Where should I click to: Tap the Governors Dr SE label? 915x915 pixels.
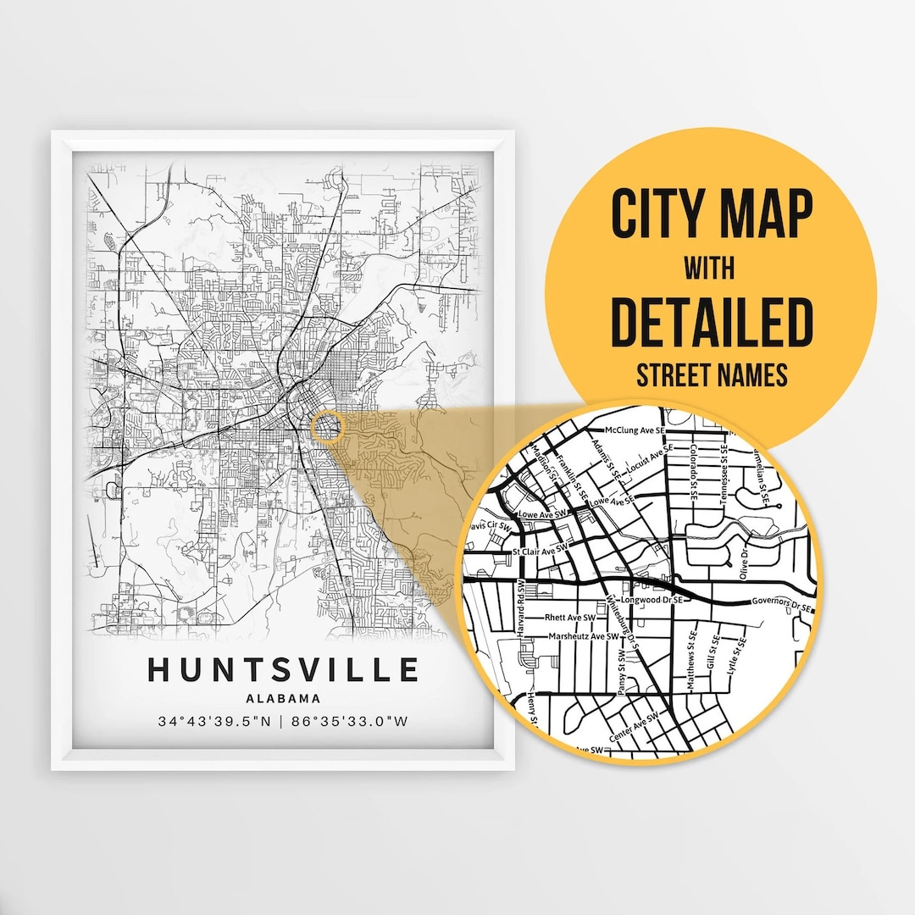(x=780, y=604)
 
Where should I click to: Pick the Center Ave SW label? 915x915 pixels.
(x=633, y=728)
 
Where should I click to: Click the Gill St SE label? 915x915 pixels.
(x=717, y=652)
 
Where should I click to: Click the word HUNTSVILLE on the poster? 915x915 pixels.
(x=283, y=670)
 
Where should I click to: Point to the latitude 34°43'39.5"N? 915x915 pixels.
(x=213, y=722)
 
